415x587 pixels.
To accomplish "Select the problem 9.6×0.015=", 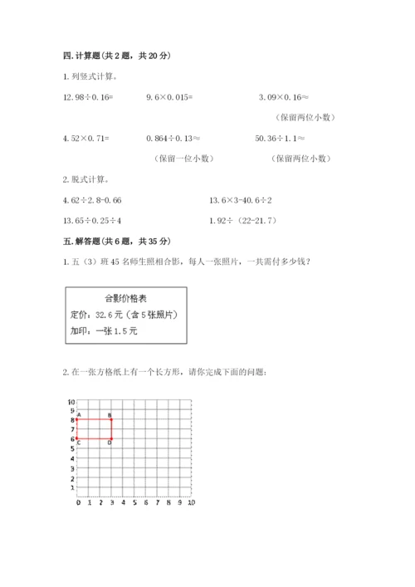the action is [169, 97].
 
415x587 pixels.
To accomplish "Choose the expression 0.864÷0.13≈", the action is [174, 138].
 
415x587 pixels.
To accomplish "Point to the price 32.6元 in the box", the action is [115, 315].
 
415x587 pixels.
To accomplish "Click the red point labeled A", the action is [77, 419].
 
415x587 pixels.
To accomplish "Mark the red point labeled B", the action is [111, 419].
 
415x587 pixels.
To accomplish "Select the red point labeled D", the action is [111, 438].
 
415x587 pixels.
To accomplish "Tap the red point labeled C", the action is [77, 438].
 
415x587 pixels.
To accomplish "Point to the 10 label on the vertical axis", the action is [72, 400].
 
